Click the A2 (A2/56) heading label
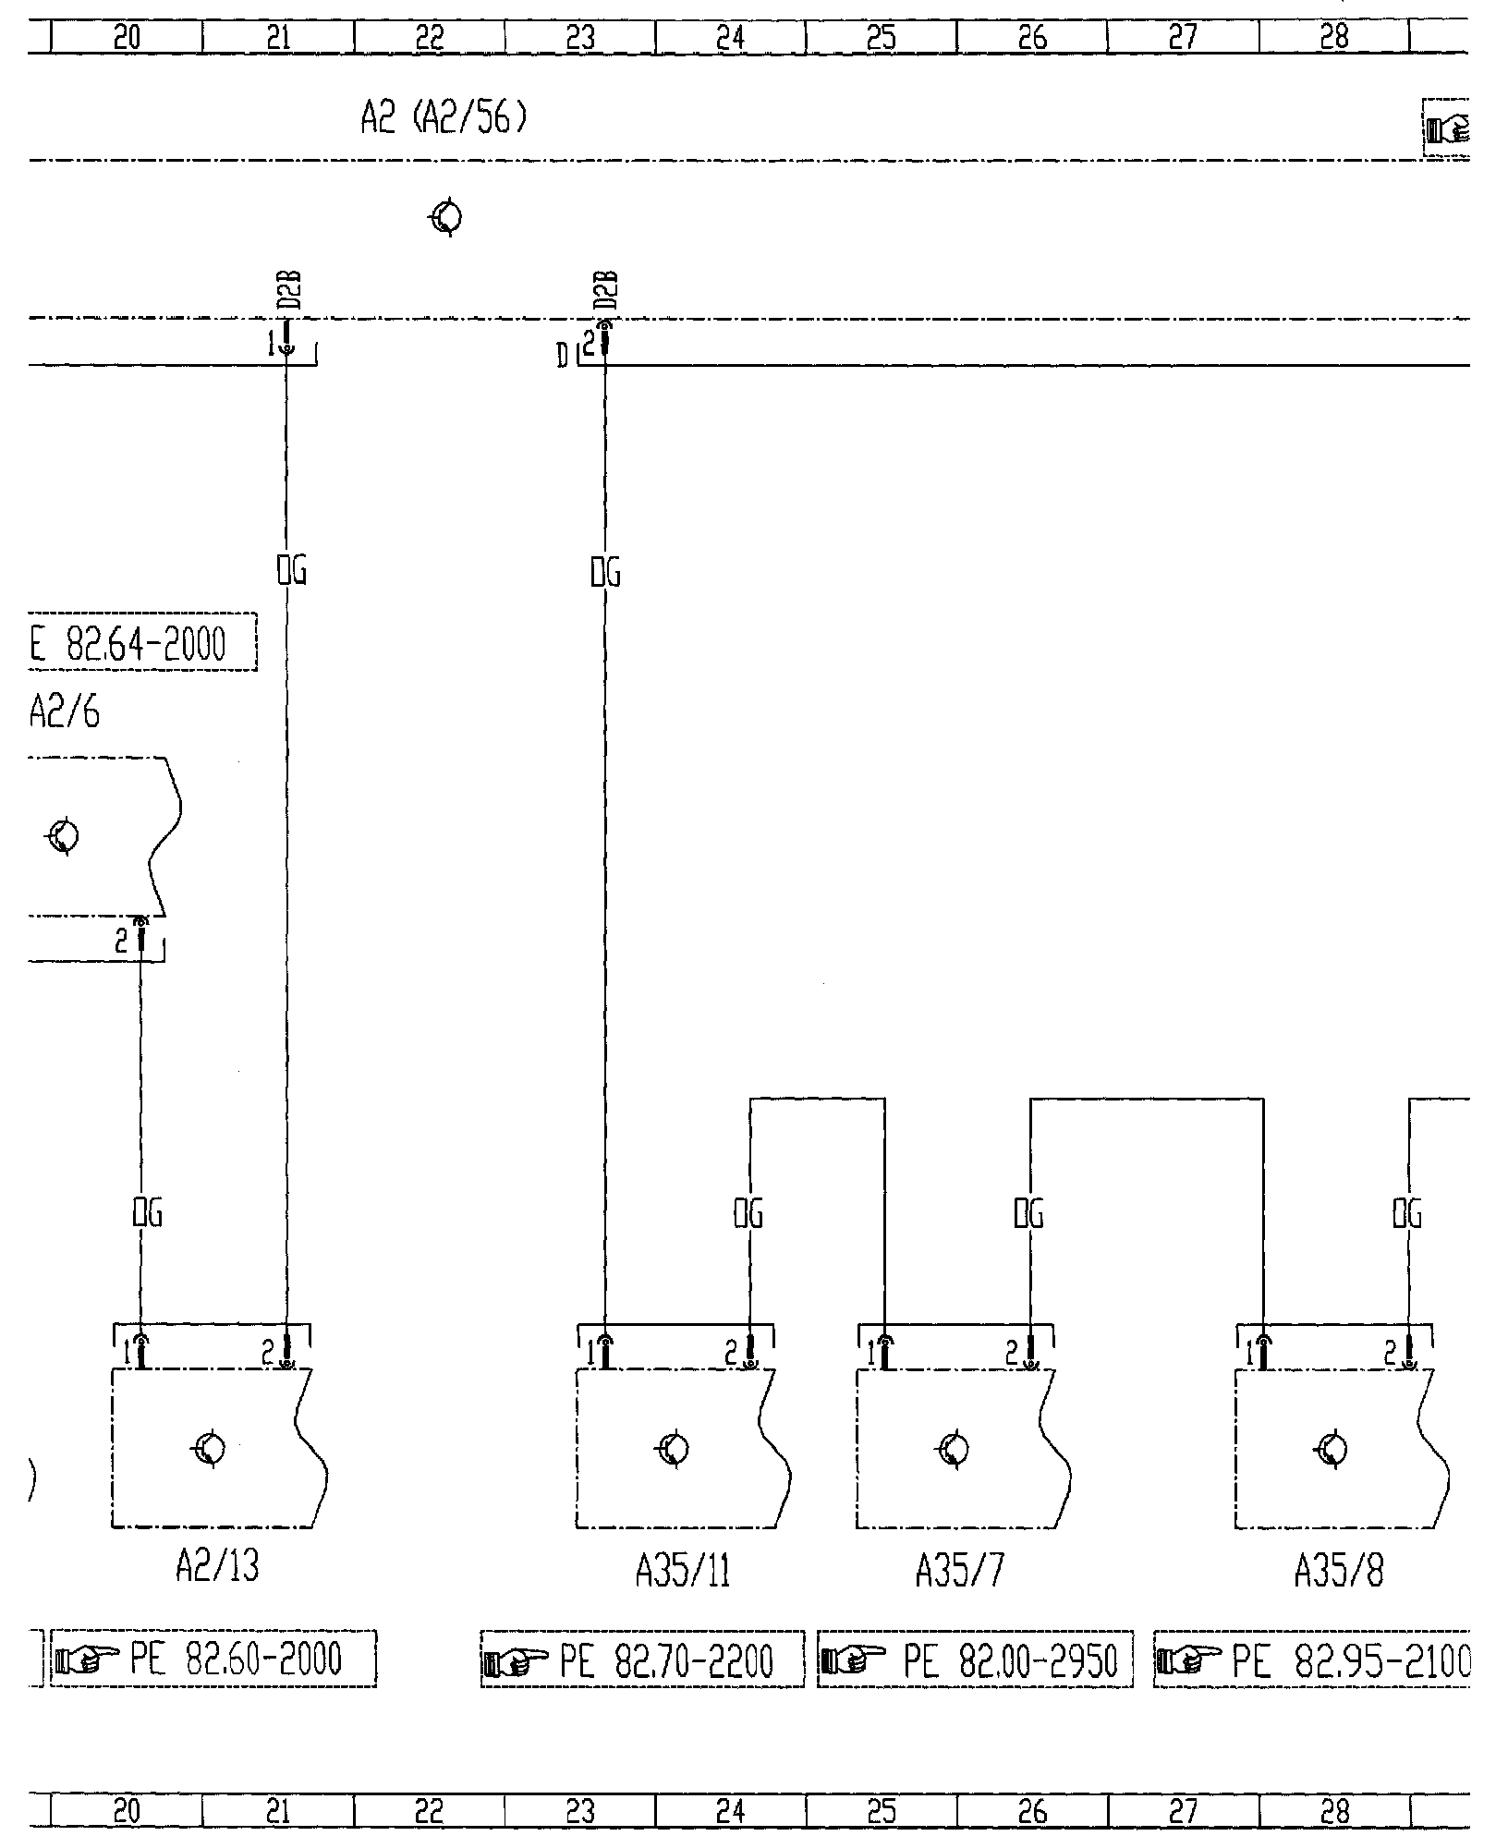click(444, 120)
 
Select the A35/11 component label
click(683, 1570)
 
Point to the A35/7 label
click(959, 1570)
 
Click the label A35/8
click(1339, 1570)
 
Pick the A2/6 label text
click(65, 712)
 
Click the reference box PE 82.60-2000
click(213, 1660)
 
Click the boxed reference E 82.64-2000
click(141, 644)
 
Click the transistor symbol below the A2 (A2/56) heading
click(447, 218)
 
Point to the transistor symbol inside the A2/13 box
click(209, 1448)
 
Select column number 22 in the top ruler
click(430, 37)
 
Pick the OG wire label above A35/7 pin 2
click(1029, 1213)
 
